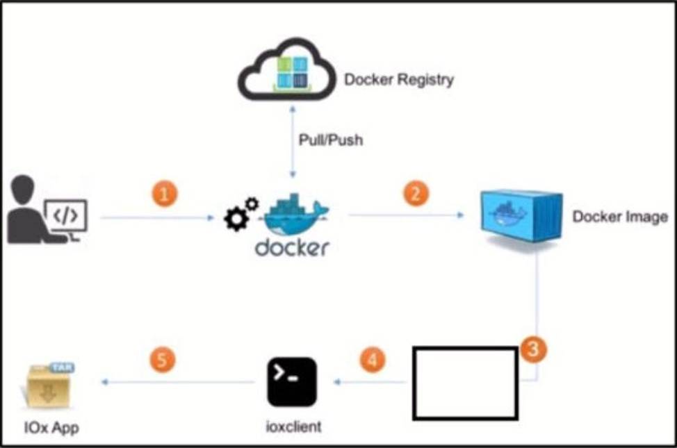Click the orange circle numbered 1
coord(164,194)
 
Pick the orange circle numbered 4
coord(373,360)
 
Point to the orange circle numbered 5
coord(164,360)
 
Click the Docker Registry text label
coord(399,79)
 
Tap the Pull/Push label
coord(331,140)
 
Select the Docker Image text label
coord(619,217)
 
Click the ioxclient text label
coord(292,426)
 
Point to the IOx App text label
coord(51,427)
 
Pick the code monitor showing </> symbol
coord(67,217)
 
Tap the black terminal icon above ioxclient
coord(292,382)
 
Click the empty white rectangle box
coord(465,383)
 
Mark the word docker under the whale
coord(292,247)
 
